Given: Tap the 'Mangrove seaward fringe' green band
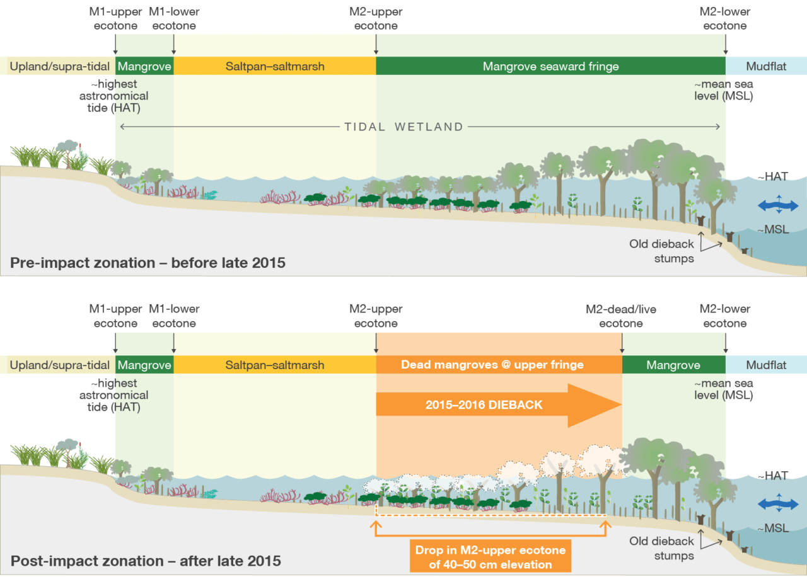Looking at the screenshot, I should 550,66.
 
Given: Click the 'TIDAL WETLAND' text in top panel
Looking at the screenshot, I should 403,127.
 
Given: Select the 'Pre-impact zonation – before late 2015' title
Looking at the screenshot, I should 148,263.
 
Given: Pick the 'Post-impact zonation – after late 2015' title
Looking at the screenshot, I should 146,560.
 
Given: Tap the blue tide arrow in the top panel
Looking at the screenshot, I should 777,205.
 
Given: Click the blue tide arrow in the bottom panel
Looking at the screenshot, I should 777,503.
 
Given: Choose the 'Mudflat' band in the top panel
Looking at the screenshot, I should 766,66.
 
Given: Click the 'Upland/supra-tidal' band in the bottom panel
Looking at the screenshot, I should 61,365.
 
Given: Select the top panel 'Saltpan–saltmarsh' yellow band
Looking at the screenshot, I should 275,66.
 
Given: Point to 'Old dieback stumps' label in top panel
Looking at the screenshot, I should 661,251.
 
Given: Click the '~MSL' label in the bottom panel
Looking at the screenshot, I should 773,528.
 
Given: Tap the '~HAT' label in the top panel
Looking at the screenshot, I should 773,177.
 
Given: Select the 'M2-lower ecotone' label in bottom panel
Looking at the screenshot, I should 725,316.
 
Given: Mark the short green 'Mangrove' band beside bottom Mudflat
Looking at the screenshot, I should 673,365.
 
